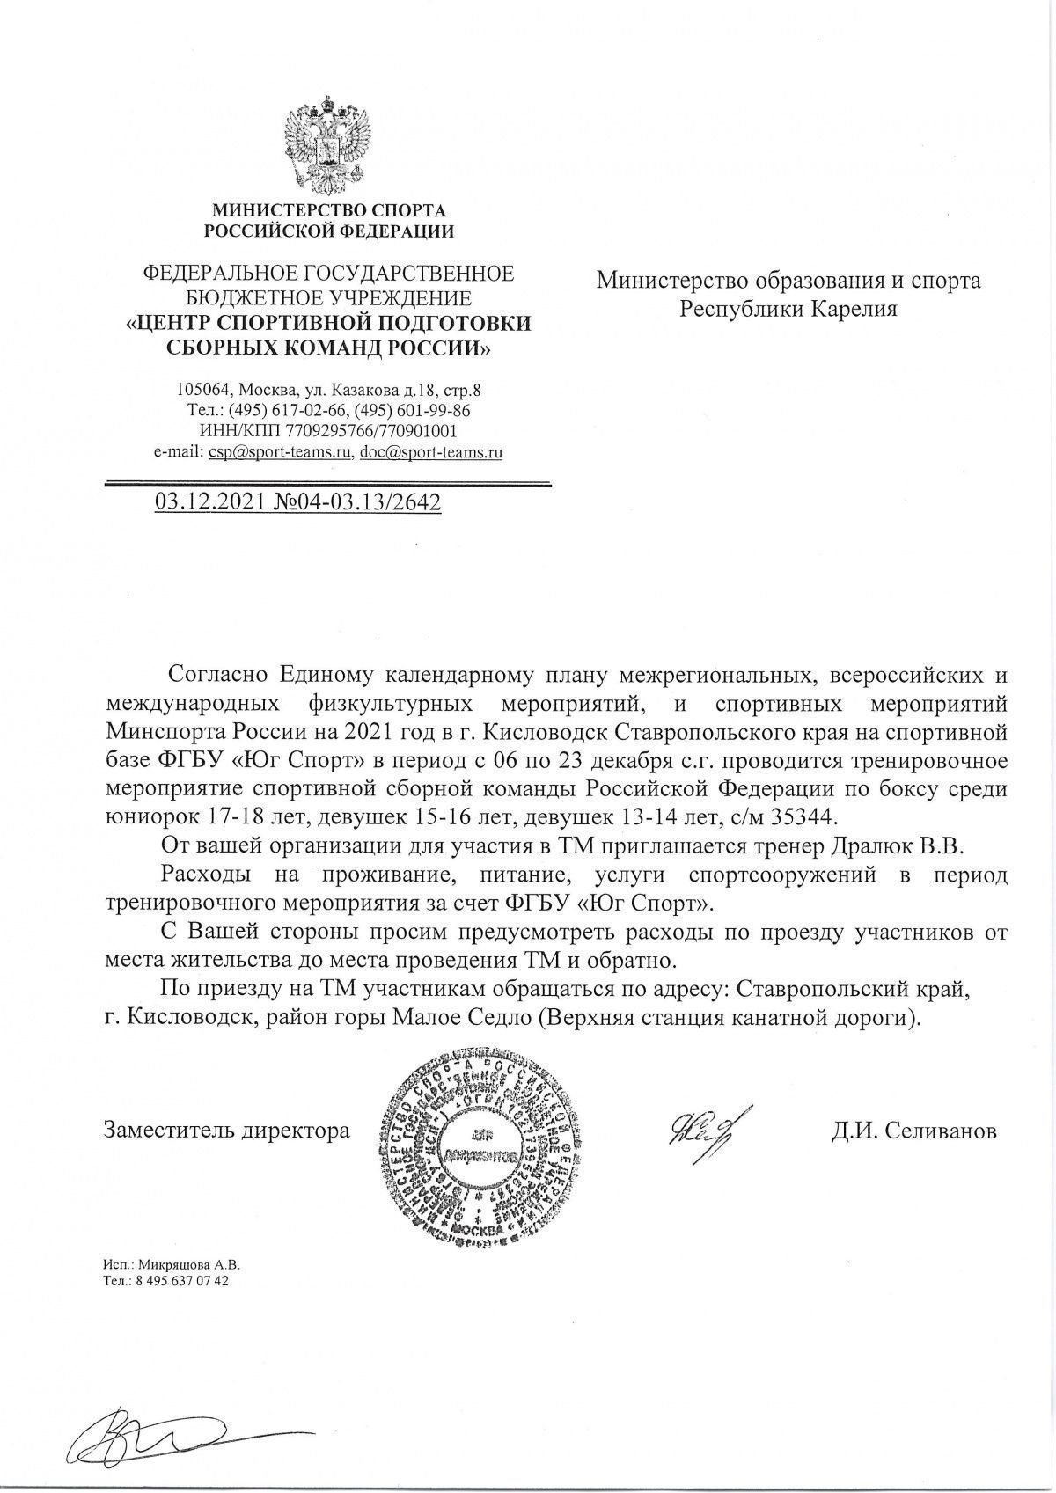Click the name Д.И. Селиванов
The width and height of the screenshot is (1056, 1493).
pyautogui.click(x=913, y=1131)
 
